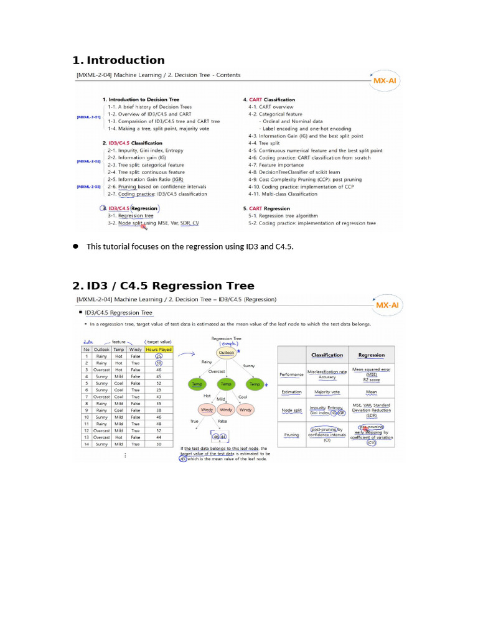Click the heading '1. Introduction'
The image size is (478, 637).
click(118, 60)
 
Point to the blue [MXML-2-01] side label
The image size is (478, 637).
click(88, 116)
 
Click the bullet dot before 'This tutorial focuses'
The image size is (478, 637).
click(75, 246)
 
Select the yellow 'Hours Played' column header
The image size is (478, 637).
click(158, 350)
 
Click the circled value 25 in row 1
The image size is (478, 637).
click(159, 356)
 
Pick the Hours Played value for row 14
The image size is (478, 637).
click(159, 444)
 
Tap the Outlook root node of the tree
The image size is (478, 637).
click(227, 353)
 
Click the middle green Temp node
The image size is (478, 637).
click(227, 385)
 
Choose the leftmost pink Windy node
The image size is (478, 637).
click(207, 410)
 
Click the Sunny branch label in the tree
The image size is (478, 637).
click(248, 366)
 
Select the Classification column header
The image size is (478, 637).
click(327, 355)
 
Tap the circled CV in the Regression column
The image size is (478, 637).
click(371, 442)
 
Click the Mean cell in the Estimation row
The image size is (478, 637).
click(371, 392)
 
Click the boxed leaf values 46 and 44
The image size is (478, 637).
click(218, 436)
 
